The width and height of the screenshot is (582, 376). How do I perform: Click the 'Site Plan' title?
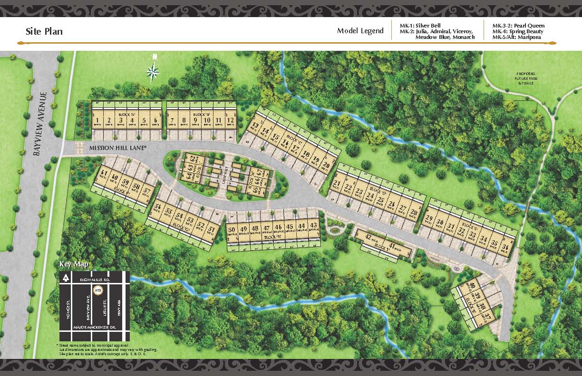click(44, 31)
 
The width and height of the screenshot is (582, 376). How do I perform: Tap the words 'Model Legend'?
click(360, 31)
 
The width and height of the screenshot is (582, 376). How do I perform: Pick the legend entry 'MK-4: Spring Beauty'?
click(518, 31)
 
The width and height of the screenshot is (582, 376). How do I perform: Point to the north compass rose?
click(153, 72)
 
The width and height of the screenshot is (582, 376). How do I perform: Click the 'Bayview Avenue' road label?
click(40, 123)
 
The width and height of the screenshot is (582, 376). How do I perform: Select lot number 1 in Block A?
click(97, 120)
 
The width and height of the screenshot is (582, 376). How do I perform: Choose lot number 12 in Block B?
click(230, 120)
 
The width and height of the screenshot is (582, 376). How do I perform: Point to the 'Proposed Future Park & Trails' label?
click(525, 78)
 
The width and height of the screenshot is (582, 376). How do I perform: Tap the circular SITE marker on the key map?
click(98, 289)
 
